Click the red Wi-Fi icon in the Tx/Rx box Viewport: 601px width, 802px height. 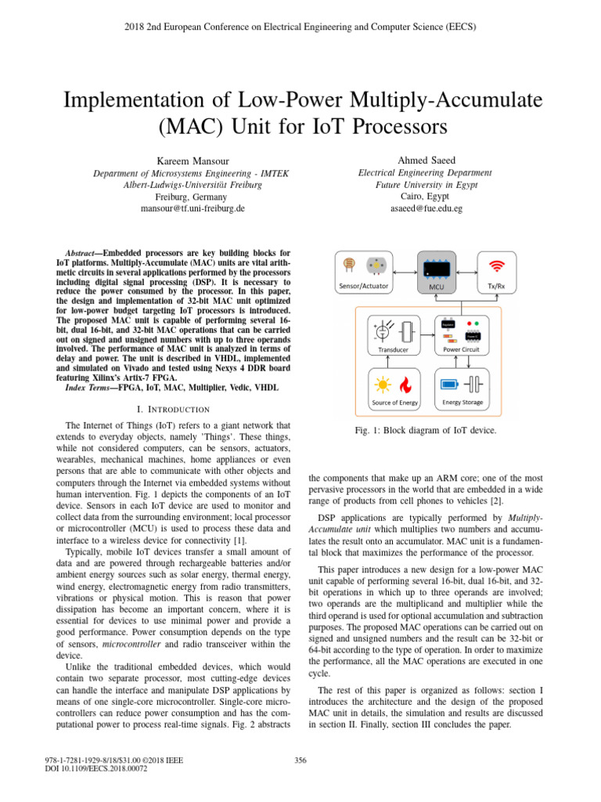495,265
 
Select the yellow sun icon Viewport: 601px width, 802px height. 383,385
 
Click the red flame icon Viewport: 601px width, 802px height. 405,385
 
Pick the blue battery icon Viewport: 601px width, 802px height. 452,385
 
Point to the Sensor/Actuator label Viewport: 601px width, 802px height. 364,286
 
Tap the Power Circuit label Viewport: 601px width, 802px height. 461,350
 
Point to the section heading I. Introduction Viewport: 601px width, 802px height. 173,409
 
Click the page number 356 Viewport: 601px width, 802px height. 300,759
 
